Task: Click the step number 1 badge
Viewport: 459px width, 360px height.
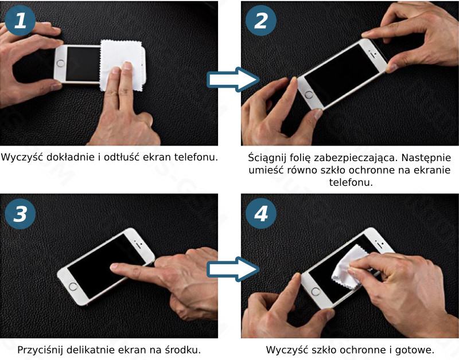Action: pos(20,21)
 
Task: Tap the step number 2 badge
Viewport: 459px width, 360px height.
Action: pos(261,21)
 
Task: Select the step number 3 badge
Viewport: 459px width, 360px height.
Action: pos(20,213)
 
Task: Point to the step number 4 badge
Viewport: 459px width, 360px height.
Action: pos(261,213)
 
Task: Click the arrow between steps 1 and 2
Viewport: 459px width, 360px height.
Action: pos(233,79)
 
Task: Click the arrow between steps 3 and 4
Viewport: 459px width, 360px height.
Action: pos(233,269)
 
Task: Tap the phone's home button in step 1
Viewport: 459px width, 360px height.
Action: pos(61,64)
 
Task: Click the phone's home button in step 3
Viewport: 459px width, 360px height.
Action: pos(73,286)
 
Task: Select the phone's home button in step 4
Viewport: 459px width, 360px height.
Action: pos(316,291)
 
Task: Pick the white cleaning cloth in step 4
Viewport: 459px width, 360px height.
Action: pos(348,268)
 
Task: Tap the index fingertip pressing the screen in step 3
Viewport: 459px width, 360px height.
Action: pos(115,267)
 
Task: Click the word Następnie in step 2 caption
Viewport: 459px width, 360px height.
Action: pos(426,158)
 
